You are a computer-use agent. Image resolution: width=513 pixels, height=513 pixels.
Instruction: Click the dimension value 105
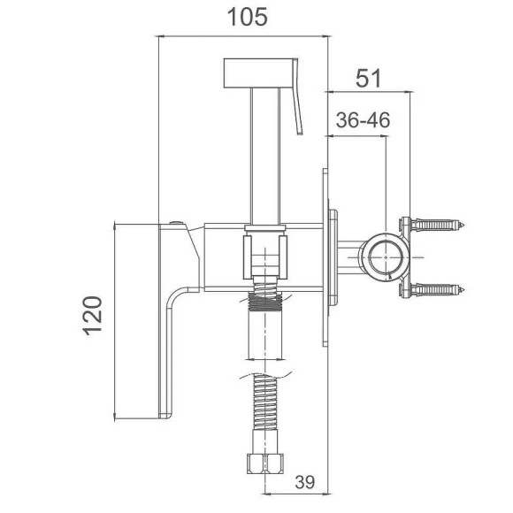[x=248, y=17]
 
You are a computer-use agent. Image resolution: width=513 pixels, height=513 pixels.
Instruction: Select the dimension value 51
[x=369, y=79]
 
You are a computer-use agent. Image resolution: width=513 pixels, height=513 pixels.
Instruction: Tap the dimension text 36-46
[x=363, y=119]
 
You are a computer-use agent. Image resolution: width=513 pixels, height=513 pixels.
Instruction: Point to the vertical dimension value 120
[x=93, y=316]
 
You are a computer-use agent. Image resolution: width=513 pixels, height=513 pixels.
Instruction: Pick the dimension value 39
[x=305, y=482]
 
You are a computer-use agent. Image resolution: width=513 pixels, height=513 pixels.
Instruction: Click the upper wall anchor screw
[x=437, y=225]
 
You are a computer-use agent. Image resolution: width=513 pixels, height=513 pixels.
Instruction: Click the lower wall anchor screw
[x=437, y=289]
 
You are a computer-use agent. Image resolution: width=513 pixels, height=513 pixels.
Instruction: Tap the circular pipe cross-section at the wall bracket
[x=386, y=257]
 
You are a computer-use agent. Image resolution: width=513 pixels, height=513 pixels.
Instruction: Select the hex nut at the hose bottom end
[x=264, y=463]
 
